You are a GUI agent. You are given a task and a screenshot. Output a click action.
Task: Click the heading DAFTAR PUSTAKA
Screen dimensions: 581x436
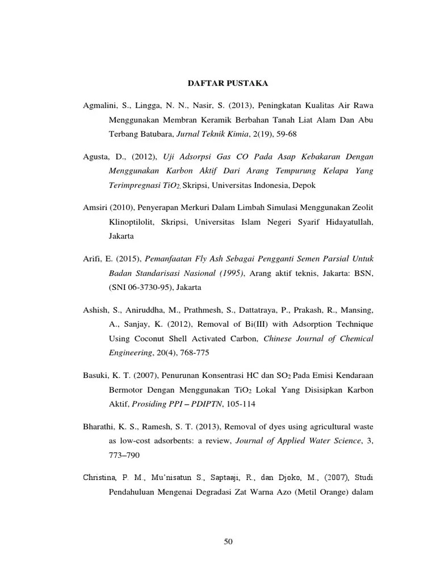(x=228, y=83)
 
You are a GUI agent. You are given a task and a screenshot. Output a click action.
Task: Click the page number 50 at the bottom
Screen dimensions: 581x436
(x=228, y=541)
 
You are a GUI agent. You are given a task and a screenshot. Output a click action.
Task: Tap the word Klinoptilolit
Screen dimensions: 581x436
(x=130, y=222)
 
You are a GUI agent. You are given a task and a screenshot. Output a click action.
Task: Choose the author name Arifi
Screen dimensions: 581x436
(x=92, y=258)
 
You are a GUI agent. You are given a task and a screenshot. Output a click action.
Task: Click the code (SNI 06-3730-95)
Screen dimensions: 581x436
(x=140, y=288)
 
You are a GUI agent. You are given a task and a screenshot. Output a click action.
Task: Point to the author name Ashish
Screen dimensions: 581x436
(x=95, y=310)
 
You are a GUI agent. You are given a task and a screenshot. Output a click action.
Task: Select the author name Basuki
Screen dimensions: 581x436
(x=95, y=376)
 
